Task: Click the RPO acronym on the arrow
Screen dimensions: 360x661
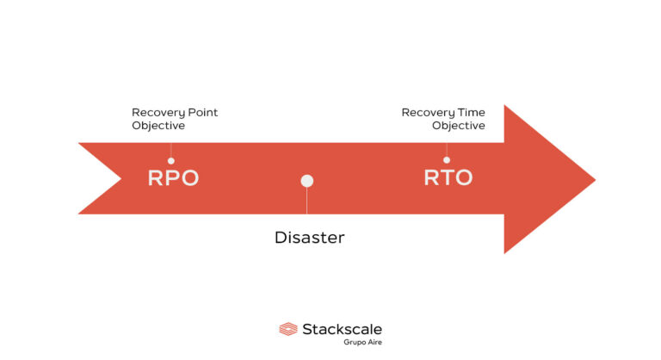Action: (173, 178)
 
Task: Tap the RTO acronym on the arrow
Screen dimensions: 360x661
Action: (448, 178)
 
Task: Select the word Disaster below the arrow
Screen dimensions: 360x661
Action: (309, 237)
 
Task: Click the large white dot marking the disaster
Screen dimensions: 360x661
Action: (307, 181)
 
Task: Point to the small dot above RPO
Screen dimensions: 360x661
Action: (170, 160)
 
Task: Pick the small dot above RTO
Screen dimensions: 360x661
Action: (446, 159)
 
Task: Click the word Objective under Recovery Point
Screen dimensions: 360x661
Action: (158, 126)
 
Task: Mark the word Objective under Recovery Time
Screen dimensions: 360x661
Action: (458, 126)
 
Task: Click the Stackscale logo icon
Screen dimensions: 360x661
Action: (288, 329)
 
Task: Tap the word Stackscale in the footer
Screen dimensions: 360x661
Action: (342, 328)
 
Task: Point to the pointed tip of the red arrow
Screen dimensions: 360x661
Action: (593, 179)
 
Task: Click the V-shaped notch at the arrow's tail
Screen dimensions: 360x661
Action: (120, 178)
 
